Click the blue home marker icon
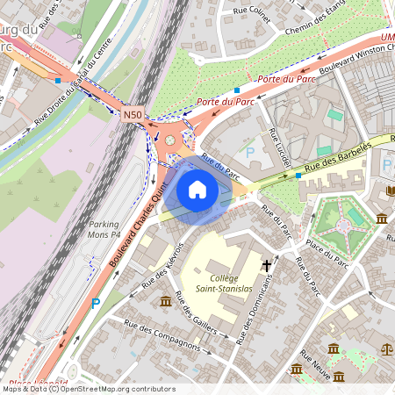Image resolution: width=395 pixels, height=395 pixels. pos(197,190)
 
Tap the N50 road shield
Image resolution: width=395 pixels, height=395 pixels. pos(133,114)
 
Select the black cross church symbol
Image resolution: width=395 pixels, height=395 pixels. pos(266,264)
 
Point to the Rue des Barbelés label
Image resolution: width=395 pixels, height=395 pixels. pos(339,154)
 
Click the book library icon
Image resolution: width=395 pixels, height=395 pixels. pos(390,190)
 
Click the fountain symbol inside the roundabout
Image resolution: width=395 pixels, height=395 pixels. pos(169,140)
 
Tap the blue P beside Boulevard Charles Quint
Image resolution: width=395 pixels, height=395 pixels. pos(96,304)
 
